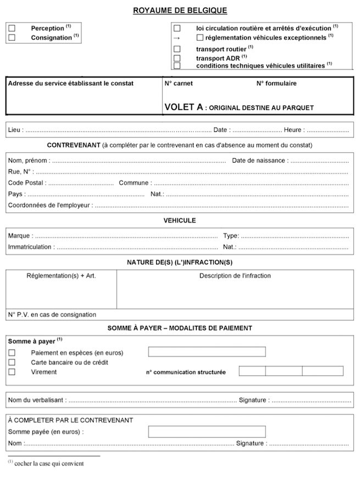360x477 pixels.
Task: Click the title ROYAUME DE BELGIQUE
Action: click(180, 10)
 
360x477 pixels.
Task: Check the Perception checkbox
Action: click(12, 28)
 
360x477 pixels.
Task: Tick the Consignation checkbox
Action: click(12, 37)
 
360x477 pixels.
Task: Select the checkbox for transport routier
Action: click(177, 49)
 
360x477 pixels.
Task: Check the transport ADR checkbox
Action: click(177, 58)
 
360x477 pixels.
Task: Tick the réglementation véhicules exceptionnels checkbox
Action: click(200, 37)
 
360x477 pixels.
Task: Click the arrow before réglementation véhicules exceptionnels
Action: click(177, 37)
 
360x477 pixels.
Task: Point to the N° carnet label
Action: click(179, 84)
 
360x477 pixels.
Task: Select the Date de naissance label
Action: click(258, 160)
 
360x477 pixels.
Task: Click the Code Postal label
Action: click(27, 182)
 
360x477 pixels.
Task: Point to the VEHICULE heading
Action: click(180, 220)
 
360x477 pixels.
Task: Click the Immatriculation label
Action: click(30, 247)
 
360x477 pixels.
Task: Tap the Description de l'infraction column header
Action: click(235, 275)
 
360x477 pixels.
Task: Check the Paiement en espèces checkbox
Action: click(12, 352)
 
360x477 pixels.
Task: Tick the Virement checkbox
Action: click(12, 372)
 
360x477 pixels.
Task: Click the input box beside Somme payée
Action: click(207, 431)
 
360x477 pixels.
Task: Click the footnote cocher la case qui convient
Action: click(49, 463)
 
